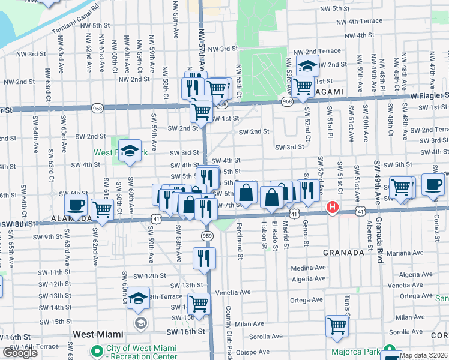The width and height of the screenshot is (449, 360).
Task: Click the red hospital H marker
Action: pos(331,208)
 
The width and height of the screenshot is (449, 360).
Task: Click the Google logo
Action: pos(20,353)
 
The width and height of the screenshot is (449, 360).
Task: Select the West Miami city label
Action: pos(98,334)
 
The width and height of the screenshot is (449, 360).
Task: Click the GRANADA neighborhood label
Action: pos(343,253)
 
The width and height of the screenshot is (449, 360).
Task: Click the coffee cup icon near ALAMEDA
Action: pos(76,205)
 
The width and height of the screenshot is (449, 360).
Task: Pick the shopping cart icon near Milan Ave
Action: pos(337,326)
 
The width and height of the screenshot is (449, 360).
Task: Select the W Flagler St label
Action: pos(429,95)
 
